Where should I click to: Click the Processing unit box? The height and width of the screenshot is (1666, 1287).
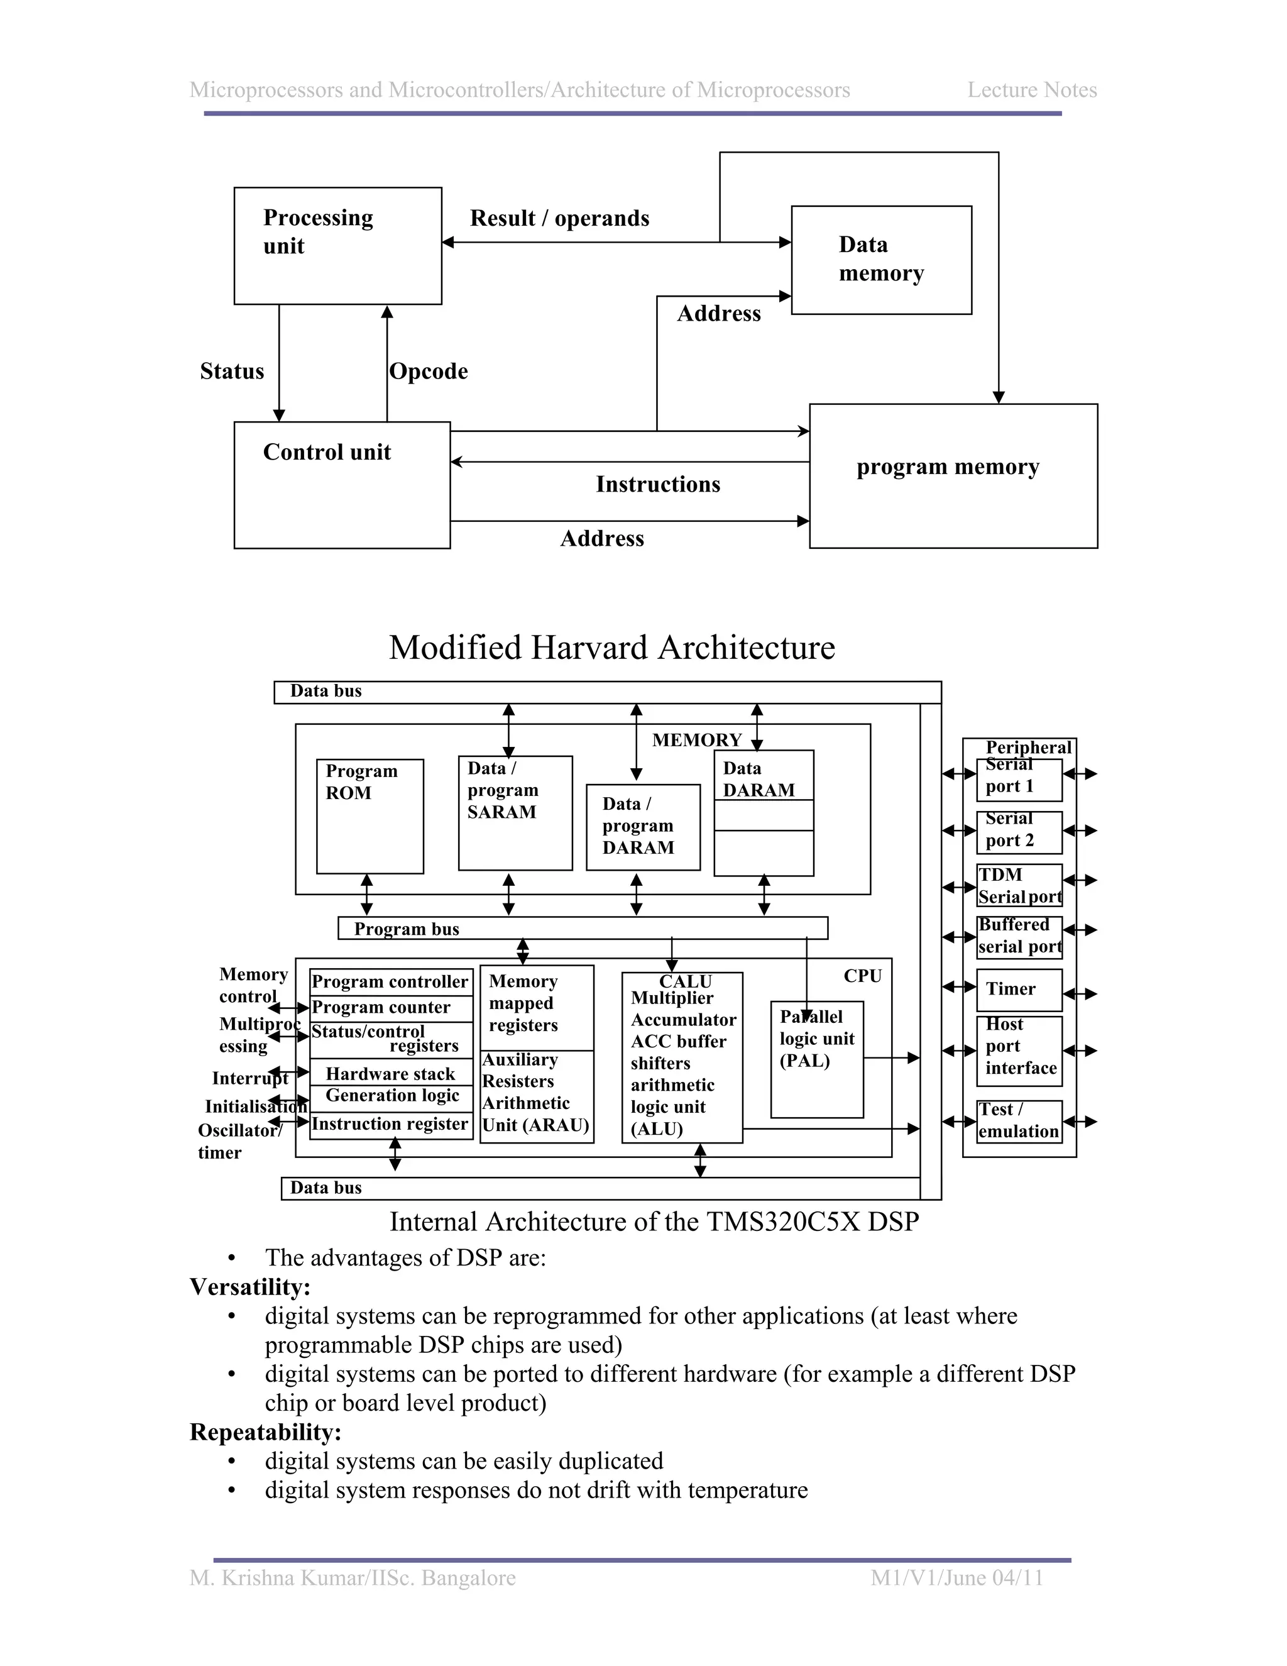coord(337,246)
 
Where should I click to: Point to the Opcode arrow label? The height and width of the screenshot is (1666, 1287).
coord(429,372)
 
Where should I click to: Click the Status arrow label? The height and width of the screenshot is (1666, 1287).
coord(232,372)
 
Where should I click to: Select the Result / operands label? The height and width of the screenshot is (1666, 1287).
coord(560,219)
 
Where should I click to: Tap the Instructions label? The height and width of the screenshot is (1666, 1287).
coord(657,484)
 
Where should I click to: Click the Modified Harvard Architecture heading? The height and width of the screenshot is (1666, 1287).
coord(611,648)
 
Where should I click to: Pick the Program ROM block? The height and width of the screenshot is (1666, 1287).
coord(370,815)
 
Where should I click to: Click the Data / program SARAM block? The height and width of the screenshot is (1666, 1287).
coord(515,812)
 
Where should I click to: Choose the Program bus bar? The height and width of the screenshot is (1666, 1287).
coord(583,929)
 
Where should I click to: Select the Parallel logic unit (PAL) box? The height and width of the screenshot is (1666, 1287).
coord(816,1059)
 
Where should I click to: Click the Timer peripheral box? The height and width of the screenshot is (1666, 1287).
coord(1019,990)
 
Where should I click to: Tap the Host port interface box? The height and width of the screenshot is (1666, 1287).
coord(1019,1051)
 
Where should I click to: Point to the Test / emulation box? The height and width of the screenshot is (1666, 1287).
coord(1019,1120)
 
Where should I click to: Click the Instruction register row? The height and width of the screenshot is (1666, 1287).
coord(390,1125)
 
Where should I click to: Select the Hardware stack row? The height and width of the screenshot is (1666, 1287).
coord(390,1074)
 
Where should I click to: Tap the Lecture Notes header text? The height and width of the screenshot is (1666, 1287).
coord(1032,90)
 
